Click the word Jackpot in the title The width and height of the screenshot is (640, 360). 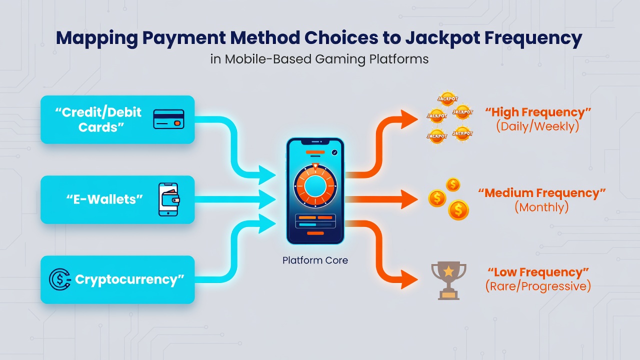pyautogui.click(x=442, y=38)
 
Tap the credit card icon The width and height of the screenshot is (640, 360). pyautogui.click(x=168, y=119)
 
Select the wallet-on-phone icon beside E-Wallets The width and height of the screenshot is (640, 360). pyautogui.click(x=169, y=199)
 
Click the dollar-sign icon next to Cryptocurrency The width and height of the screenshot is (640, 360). pyautogui.click(x=59, y=279)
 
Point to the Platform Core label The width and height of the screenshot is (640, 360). pyautogui.click(x=315, y=260)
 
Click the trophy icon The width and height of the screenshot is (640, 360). pyautogui.click(x=448, y=280)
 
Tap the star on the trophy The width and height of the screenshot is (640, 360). pyautogui.click(x=448, y=271)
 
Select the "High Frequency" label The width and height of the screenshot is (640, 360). pyautogui.click(x=538, y=112)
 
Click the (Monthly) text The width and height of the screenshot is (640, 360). pyautogui.click(x=541, y=207)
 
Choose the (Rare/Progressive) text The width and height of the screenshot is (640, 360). pyautogui.click(x=538, y=286)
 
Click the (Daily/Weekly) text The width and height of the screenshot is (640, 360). pyautogui.click(x=537, y=126)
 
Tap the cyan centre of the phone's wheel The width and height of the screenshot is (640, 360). pyautogui.click(x=315, y=186)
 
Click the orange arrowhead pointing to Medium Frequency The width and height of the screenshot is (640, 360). pyautogui.click(x=409, y=199)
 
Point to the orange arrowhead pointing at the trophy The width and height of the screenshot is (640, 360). pyautogui.click(x=409, y=279)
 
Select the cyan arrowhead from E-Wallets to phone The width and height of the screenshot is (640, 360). pyautogui.click(x=267, y=199)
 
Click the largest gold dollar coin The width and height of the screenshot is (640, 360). pyautogui.click(x=458, y=210)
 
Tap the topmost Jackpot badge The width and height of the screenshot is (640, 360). pyautogui.click(x=447, y=99)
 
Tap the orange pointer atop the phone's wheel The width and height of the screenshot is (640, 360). pyautogui.click(x=315, y=166)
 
